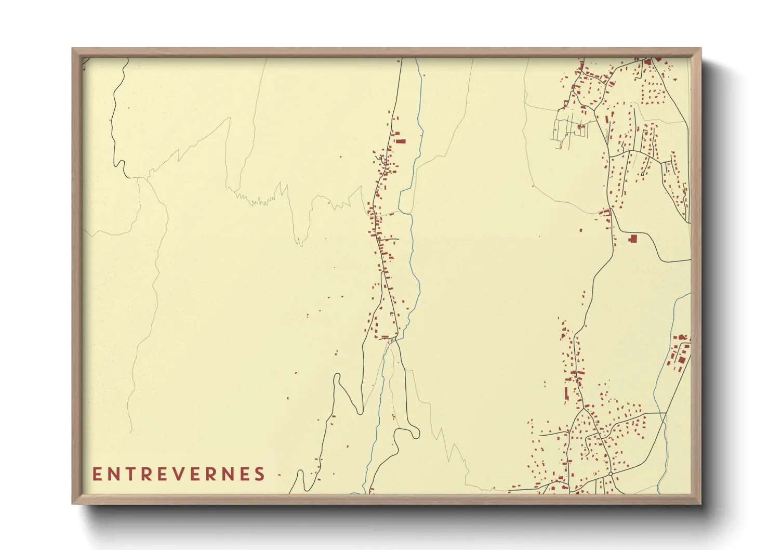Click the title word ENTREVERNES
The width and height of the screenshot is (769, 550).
click(179, 474)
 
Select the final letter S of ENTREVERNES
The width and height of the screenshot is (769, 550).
click(259, 474)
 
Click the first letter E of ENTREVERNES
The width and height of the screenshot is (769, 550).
click(97, 474)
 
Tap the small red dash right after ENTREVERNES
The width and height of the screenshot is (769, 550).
click(279, 475)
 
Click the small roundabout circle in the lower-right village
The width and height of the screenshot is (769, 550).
click(610, 474)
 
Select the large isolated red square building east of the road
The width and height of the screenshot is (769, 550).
click(633, 239)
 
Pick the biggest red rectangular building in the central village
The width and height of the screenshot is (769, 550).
click(401, 140)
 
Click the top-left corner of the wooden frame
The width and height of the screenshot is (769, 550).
click(73, 49)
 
